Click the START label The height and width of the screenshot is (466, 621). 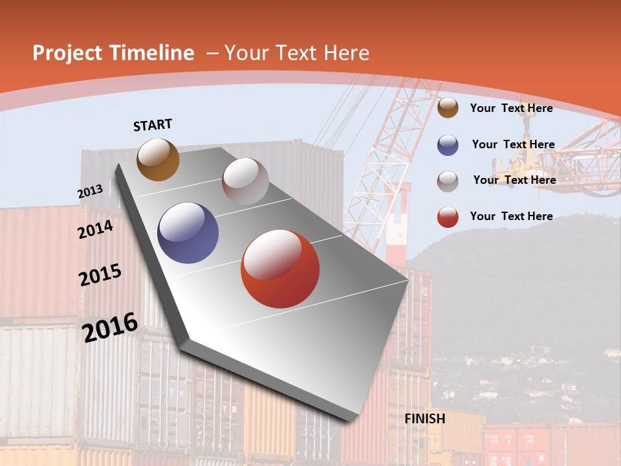pyautogui.click(x=153, y=125)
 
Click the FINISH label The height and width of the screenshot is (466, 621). pyautogui.click(x=425, y=419)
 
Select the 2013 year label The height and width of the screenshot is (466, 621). pyautogui.click(x=90, y=192)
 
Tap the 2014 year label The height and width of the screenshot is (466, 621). pyautogui.click(x=96, y=229)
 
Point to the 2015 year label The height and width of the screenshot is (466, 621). pyautogui.click(x=100, y=275)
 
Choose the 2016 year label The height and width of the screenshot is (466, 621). pyautogui.click(x=110, y=327)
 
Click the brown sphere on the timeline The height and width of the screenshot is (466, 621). pyautogui.click(x=158, y=159)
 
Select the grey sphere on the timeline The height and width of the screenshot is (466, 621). pyautogui.click(x=245, y=181)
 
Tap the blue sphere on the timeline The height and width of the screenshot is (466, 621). pyautogui.click(x=188, y=233)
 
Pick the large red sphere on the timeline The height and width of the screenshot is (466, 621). pyautogui.click(x=280, y=269)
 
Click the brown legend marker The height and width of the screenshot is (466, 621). pyautogui.click(x=448, y=108)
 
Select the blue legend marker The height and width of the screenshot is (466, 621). pyautogui.click(x=448, y=145)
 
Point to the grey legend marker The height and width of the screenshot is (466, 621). pyautogui.click(x=448, y=181)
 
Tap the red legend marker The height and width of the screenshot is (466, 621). pyautogui.click(x=448, y=217)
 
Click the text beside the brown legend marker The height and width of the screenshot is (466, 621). pyautogui.click(x=511, y=108)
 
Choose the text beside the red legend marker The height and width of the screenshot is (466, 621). pyautogui.click(x=511, y=216)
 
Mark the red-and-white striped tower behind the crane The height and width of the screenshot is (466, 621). pyautogui.click(x=397, y=223)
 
